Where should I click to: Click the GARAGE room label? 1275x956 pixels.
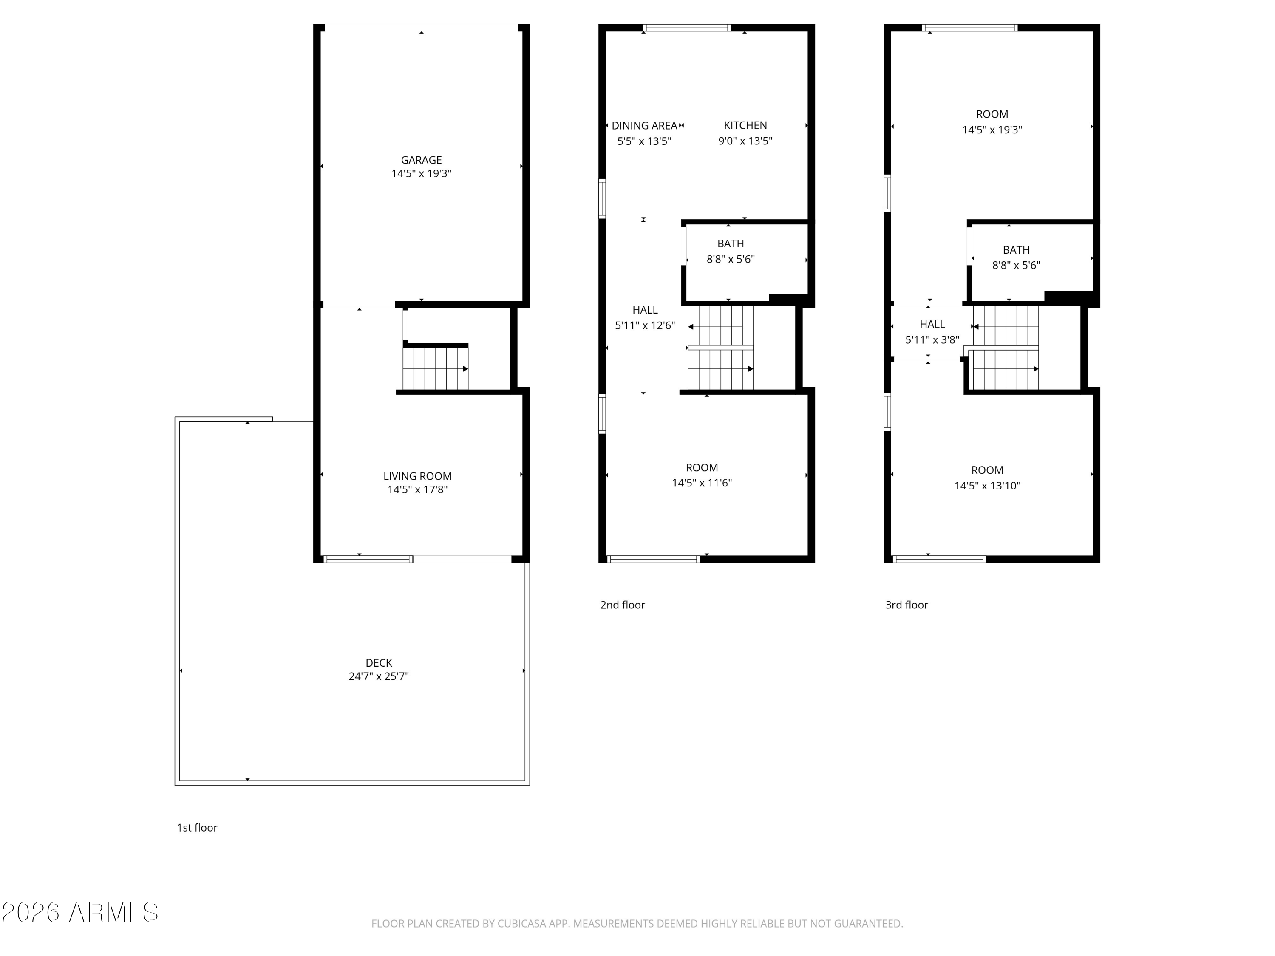pos(421,160)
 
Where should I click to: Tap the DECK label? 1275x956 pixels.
pos(379,663)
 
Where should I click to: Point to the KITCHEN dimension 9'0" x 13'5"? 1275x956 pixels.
pos(745,141)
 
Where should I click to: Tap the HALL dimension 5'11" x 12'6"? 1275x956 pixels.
pos(644,325)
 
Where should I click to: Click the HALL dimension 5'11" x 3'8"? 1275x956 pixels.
pos(932,340)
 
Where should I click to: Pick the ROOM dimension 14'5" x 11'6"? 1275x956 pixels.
pos(702,483)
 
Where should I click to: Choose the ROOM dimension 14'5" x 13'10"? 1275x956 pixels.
pos(987,486)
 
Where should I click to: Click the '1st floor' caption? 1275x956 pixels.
pos(197,828)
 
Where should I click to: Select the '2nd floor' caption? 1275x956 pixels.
pos(623,605)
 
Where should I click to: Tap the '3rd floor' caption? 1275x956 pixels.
pos(907,605)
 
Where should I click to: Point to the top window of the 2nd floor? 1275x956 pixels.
pos(686,28)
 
